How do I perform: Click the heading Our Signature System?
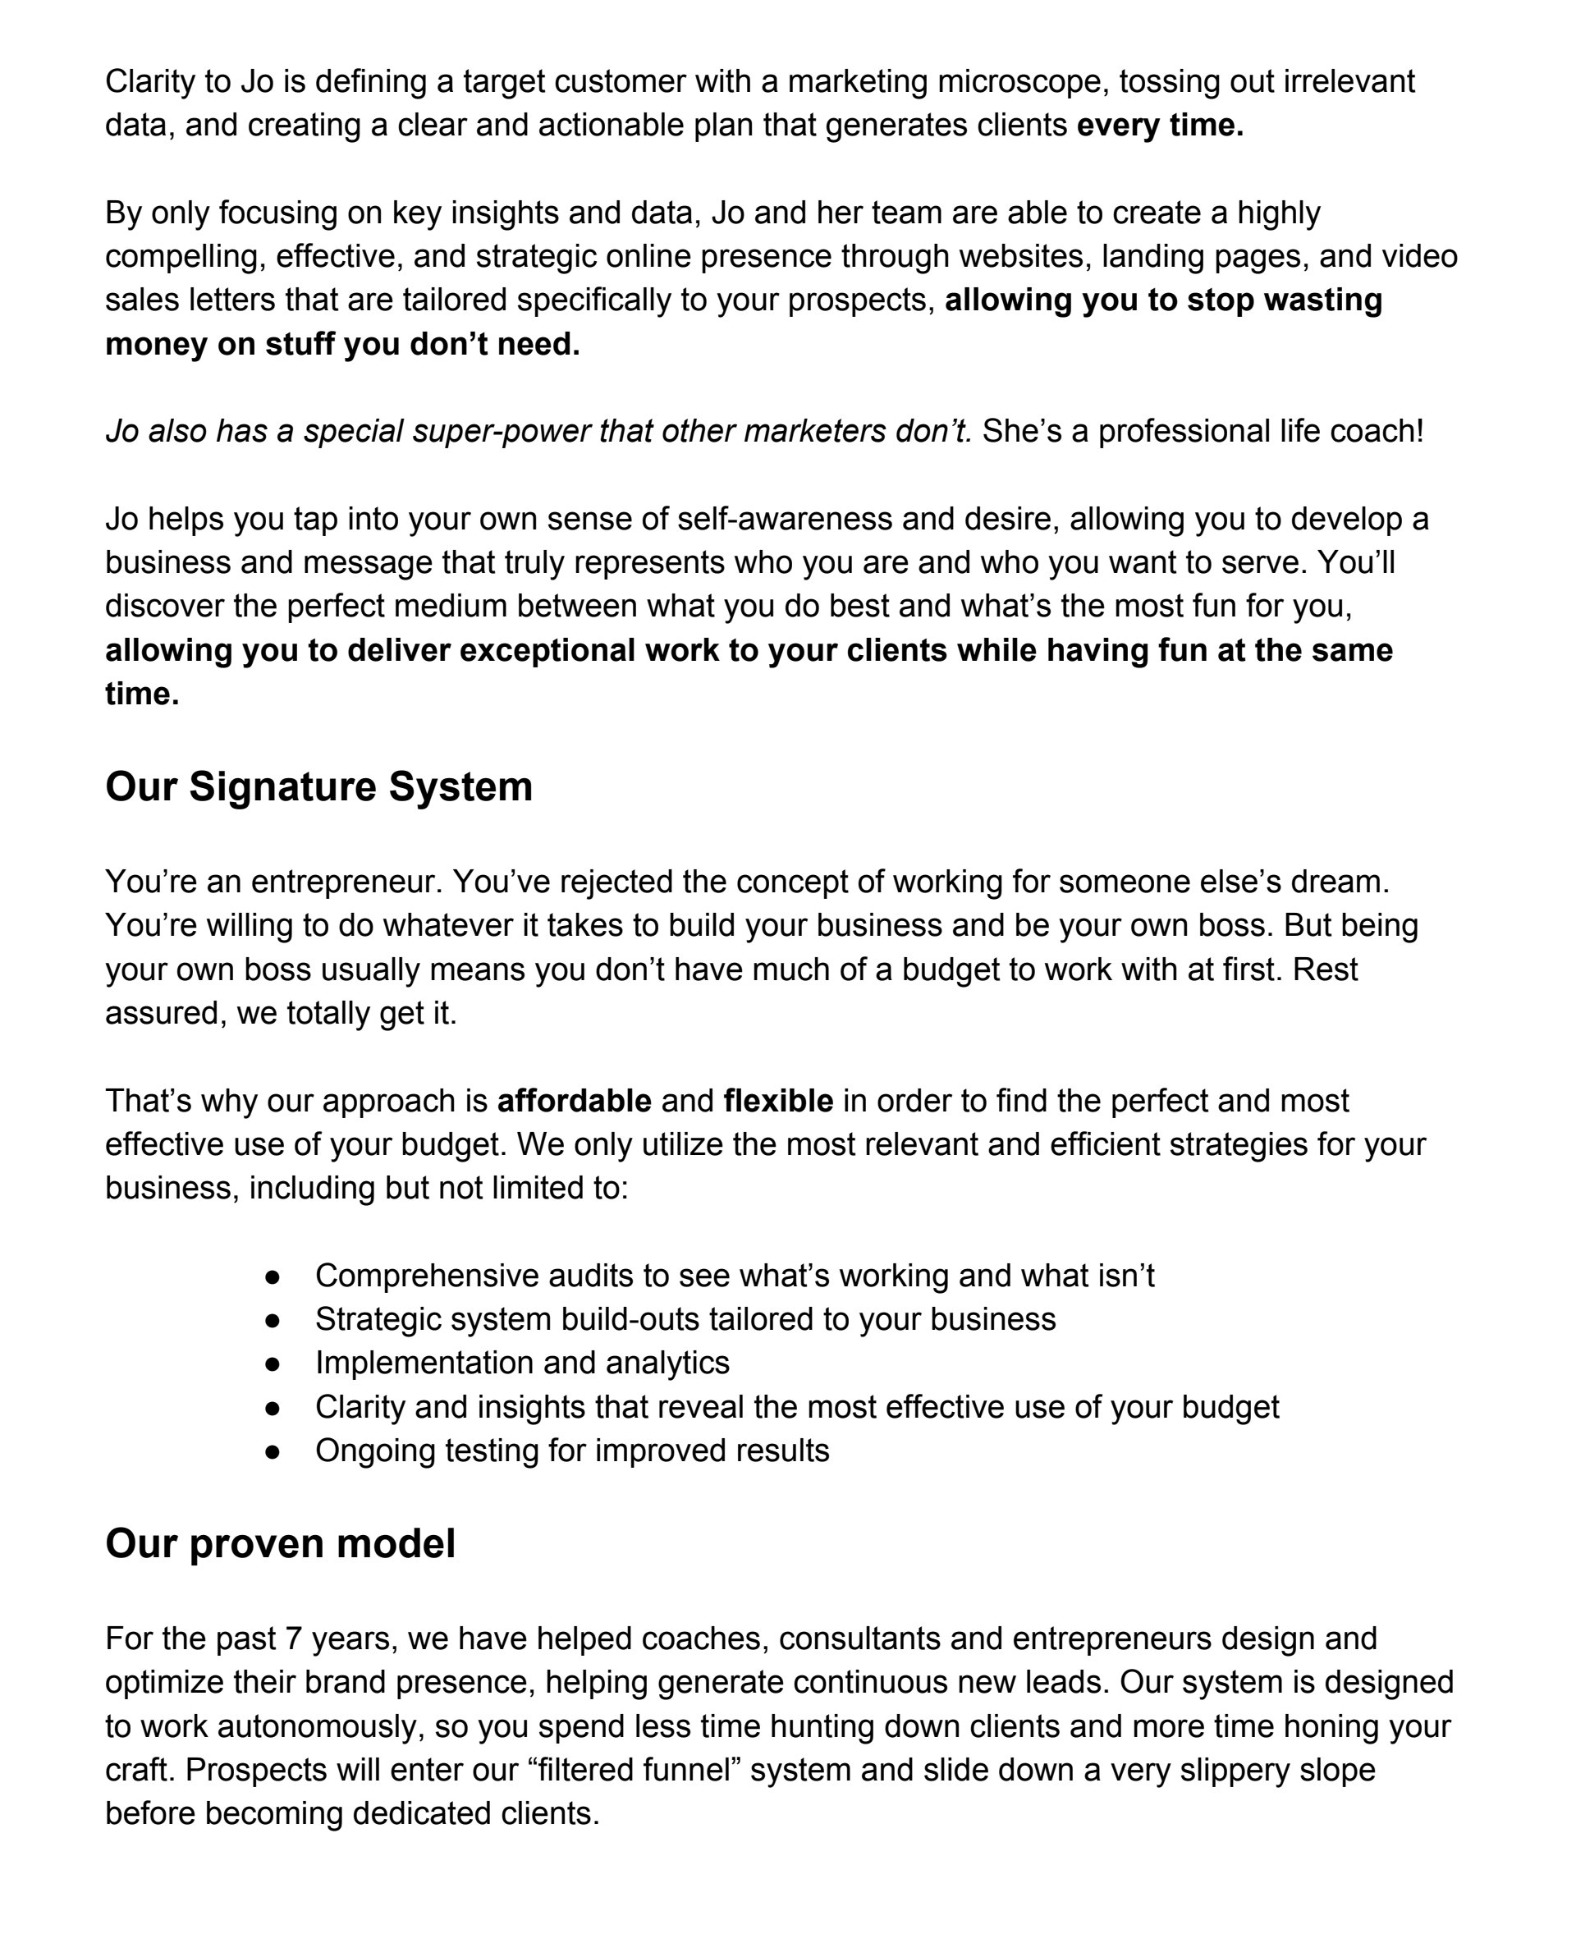pyautogui.click(x=318, y=786)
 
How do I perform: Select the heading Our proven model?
pyautogui.click(x=280, y=1543)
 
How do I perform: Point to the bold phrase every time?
pyautogui.click(x=1159, y=126)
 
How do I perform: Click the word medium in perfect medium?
pyautogui.click(x=449, y=607)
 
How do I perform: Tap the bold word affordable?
pyautogui.click(x=574, y=1101)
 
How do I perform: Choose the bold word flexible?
pyautogui.click(x=778, y=1101)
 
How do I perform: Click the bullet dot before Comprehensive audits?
pyautogui.click(x=273, y=1276)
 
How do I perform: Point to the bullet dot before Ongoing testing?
pyautogui.click(x=273, y=1451)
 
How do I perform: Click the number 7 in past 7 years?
pyautogui.click(x=292, y=1638)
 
